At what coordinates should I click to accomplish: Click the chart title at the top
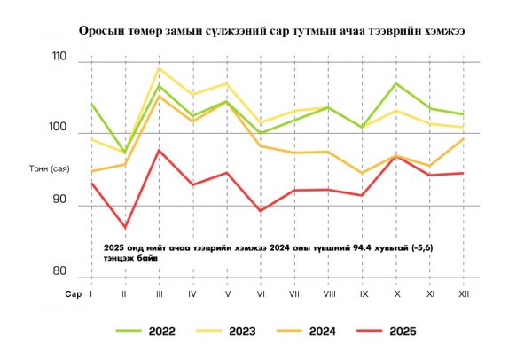tap(266, 30)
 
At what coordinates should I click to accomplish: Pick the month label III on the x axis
tap(159, 293)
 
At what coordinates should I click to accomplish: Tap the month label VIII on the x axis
tap(328, 293)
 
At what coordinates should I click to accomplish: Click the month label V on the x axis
tap(227, 293)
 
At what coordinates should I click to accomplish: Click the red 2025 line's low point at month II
tap(125, 228)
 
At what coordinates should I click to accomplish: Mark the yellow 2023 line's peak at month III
tap(159, 67)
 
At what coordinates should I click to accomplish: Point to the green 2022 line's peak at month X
tap(396, 83)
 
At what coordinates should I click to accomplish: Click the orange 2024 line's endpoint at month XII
tap(463, 138)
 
